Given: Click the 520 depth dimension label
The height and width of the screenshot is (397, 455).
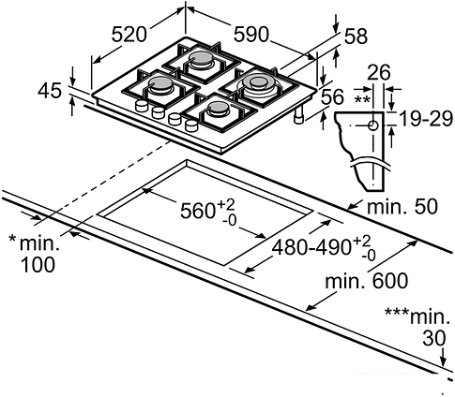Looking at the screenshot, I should point(129,35).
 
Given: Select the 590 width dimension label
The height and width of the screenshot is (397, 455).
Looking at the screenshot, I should point(250,35).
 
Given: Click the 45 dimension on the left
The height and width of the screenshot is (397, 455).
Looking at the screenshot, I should point(50,91).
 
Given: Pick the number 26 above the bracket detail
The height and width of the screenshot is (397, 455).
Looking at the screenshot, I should point(379,72).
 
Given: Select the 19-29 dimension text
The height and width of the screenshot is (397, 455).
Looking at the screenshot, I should point(422,119).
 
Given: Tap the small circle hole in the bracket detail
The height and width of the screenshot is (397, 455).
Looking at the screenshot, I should point(373,124).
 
